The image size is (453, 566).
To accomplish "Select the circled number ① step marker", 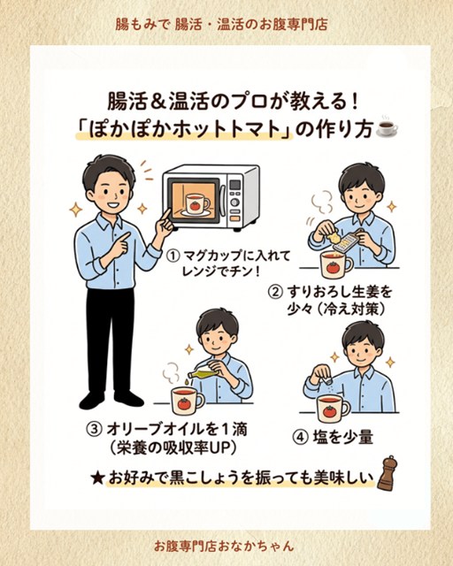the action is pos(173,256).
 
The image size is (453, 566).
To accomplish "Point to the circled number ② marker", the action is pos(274,292).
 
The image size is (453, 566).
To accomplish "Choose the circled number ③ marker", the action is pos(94,430).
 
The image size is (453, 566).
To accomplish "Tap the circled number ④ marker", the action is pos(299,438).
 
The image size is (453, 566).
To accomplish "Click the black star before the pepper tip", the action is pos(97,478).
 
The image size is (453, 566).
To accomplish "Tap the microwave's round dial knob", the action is pos(235,202).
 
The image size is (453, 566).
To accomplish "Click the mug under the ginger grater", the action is pos(336,264).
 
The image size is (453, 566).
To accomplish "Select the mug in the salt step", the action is pos(333,408).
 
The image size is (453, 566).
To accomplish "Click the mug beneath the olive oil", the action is pos(187,400).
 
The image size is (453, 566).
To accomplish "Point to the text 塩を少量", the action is pos(343,438).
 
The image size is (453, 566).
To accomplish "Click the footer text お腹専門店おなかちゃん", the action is pos(224,546).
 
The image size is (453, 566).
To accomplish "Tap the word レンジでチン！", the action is pos(221,272).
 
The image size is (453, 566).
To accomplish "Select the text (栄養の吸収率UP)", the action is pos(174,448).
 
